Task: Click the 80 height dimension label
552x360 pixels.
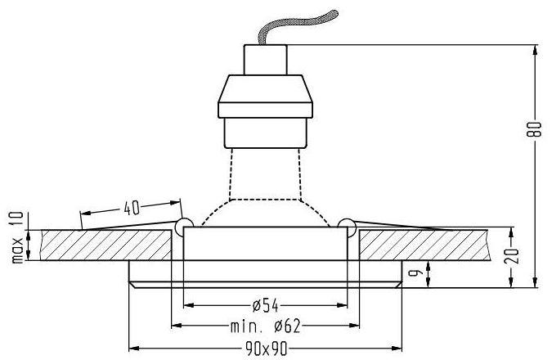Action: coord(536,129)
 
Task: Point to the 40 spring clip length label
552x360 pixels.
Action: coord(130,207)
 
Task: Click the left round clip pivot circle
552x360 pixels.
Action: coord(183,223)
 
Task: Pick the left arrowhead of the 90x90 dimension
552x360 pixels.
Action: coord(133,348)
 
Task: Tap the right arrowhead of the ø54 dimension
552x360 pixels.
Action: coord(343,306)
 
